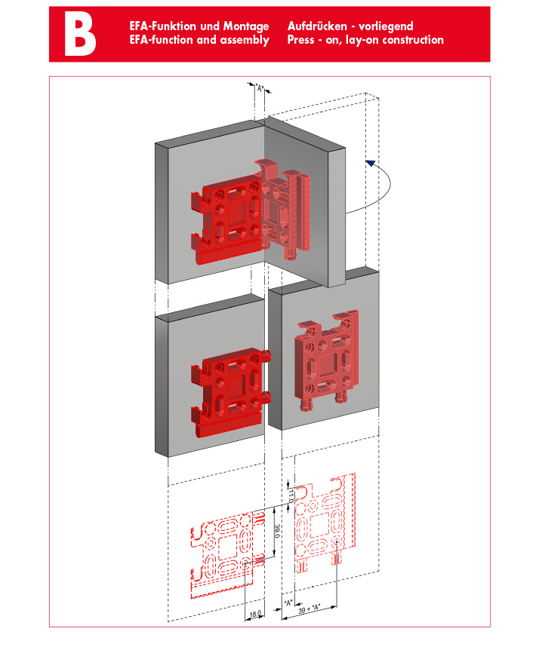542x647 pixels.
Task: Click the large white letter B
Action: (80, 34)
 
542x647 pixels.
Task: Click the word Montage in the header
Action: (246, 26)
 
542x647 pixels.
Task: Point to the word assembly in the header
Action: (245, 41)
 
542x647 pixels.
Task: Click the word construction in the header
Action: (413, 40)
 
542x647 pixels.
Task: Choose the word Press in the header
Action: (300, 40)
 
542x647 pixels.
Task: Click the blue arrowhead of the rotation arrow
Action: (371, 163)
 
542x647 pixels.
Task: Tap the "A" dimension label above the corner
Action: (260, 88)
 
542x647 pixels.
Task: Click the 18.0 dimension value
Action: (255, 614)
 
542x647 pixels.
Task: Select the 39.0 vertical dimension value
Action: (277, 531)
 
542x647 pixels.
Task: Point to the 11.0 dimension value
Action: (291, 495)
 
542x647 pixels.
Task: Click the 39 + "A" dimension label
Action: (309, 609)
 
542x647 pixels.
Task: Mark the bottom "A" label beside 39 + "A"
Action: (288, 603)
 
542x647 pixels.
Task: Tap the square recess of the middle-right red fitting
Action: (327, 365)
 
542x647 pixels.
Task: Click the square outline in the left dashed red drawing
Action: (226, 547)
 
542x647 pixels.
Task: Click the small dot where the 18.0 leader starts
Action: (245, 563)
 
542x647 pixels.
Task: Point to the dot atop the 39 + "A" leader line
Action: (337, 541)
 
